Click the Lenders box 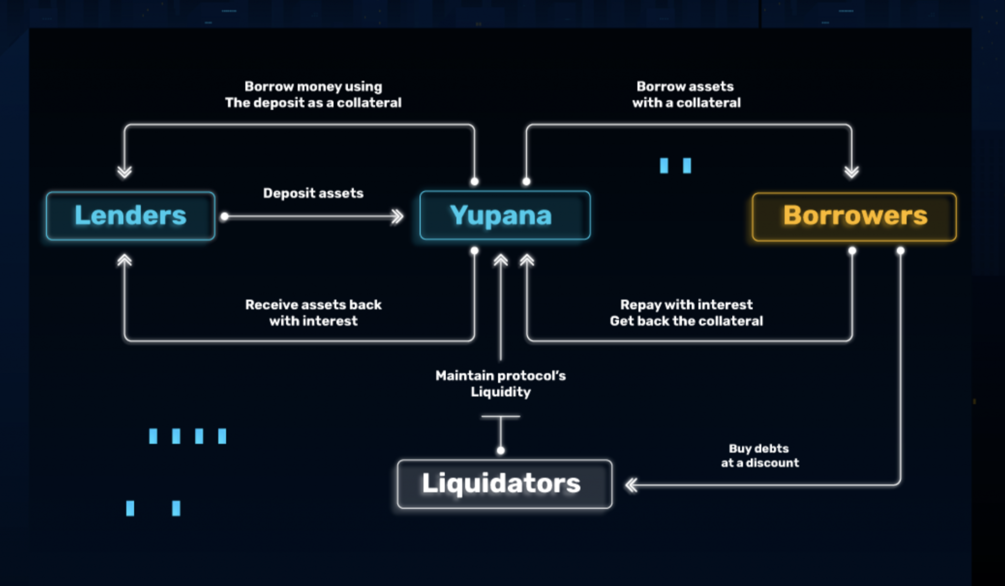click(x=131, y=216)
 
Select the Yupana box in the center click(x=504, y=216)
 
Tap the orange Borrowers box click(x=854, y=217)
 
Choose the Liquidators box click(x=504, y=484)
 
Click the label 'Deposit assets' click(x=313, y=193)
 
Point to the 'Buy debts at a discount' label click(x=760, y=456)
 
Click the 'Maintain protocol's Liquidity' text click(x=501, y=383)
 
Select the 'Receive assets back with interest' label click(x=313, y=312)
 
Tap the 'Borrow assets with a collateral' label click(x=686, y=94)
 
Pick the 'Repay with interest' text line click(x=686, y=305)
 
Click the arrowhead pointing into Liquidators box click(x=632, y=485)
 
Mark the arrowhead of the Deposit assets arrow click(x=397, y=216)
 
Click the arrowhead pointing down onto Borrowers click(x=851, y=172)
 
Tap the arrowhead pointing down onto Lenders click(x=125, y=172)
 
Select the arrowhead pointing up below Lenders click(x=125, y=260)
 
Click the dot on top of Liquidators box click(x=501, y=450)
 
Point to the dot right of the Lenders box click(x=224, y=216)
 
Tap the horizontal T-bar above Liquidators click(x=501, y=417)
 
